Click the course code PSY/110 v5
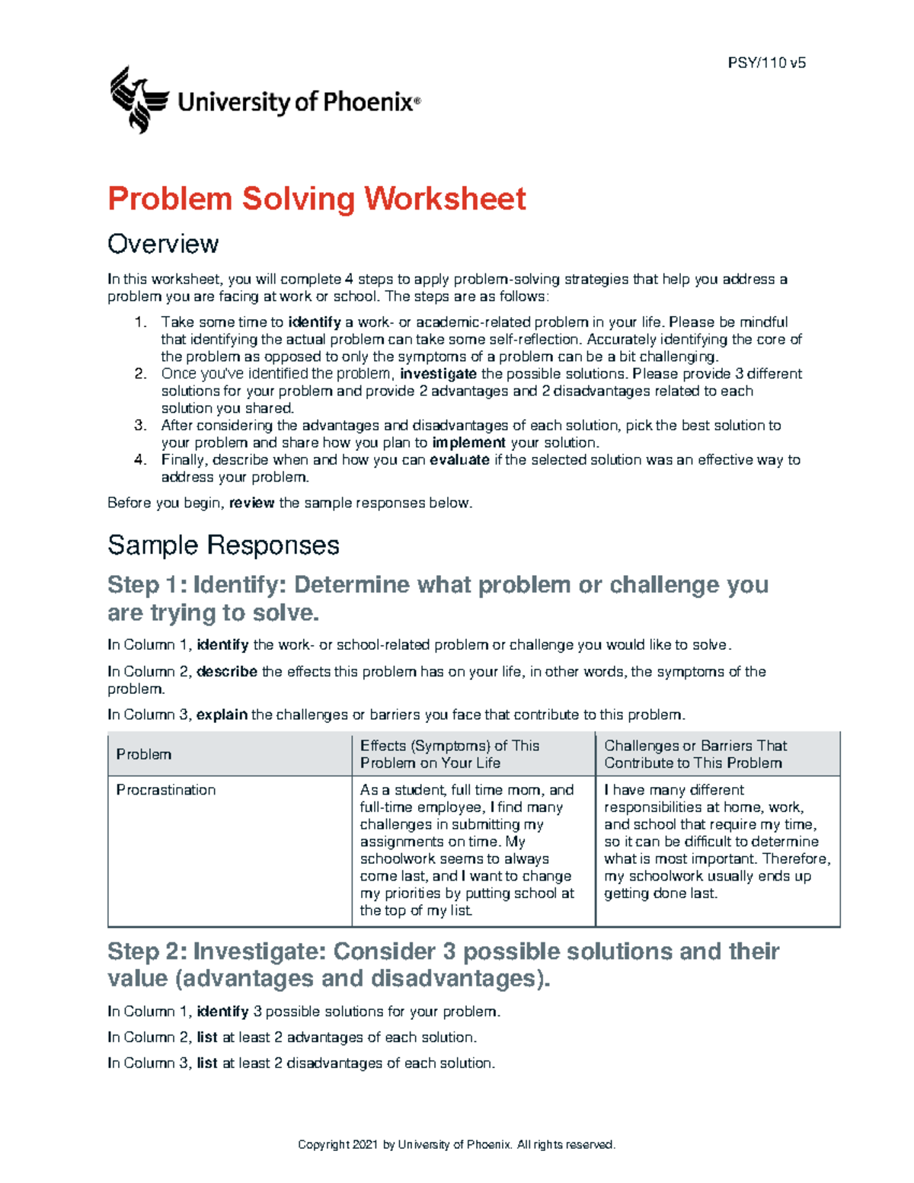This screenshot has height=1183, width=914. tap(766, 63)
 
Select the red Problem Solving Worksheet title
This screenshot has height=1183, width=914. tap(316, 199)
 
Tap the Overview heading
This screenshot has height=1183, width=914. tap(163, 244)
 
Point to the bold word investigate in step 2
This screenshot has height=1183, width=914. tap(438, 374)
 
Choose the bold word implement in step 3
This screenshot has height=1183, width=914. tap(468, 443)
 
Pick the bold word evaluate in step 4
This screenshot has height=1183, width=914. tap(459, 460)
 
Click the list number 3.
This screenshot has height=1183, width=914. tap(140, 426)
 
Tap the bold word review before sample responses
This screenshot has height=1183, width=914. tap(251, 503)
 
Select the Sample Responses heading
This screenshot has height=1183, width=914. tap(223, 545)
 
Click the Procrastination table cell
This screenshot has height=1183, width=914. tap(166, 790)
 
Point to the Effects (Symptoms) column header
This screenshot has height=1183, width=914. tap(449, 754)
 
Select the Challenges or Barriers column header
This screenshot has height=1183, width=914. tap(695, 754)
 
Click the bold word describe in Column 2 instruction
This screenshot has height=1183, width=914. tap(227, 672)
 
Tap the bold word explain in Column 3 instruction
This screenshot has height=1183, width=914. tap(222, 715)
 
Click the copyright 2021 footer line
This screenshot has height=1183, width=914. tap(456, 1144)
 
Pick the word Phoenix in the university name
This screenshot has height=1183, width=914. tap(368, 102)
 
